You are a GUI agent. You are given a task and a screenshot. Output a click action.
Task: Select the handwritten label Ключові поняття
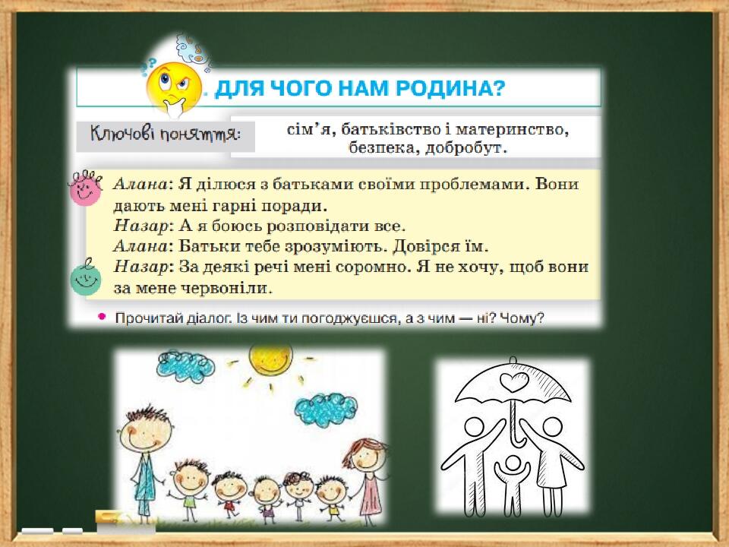click(166, 135)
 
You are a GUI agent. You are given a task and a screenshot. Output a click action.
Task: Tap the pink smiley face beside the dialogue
click(85, 188)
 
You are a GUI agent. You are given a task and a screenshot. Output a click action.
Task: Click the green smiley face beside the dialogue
click(86, 278)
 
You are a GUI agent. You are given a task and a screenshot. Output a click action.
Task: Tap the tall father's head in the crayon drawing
click(147, 430)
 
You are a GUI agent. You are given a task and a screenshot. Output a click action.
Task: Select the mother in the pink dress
click(369, 474)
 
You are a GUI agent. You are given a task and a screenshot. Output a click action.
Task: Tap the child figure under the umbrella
click(513, 484)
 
